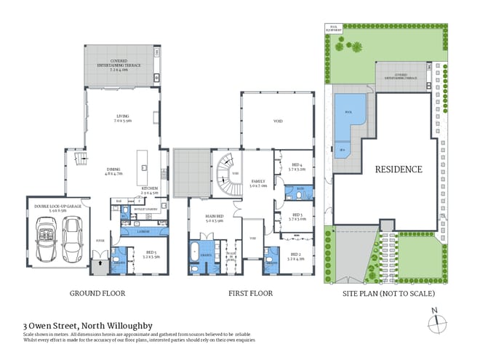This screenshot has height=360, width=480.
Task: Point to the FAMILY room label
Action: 258,183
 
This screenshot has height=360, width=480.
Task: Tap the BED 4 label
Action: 295,166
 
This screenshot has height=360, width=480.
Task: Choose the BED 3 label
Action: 295,217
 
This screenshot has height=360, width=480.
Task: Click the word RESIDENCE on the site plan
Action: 398,169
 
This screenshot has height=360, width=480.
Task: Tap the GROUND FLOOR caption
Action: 97,294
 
